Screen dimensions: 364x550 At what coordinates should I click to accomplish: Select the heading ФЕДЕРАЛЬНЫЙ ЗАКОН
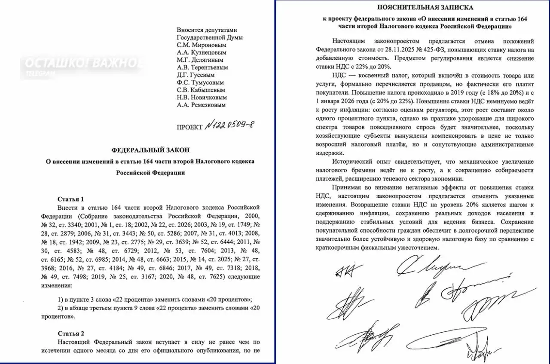coord(150,150)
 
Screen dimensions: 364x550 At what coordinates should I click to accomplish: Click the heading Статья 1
coord(71,199)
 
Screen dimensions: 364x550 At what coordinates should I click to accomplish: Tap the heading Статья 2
coord(71,333)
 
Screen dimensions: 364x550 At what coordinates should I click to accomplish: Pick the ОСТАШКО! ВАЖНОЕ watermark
coord(82,63)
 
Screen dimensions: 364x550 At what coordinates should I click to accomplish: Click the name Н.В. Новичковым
coord(202,98)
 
